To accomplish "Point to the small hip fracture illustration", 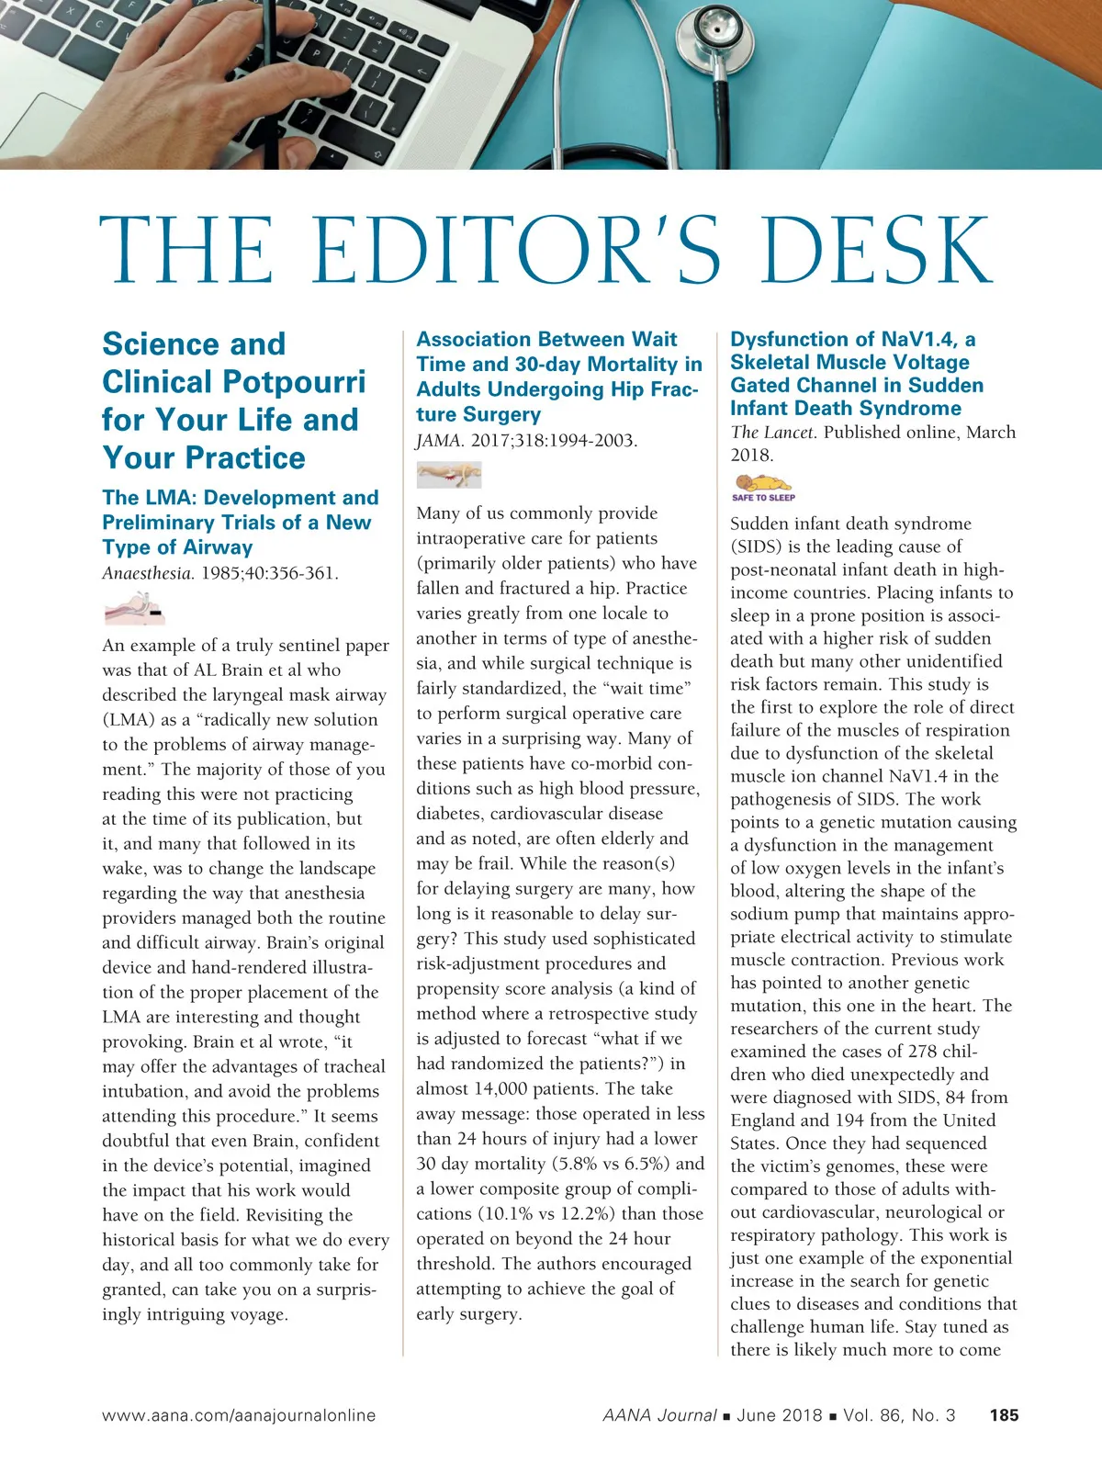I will [x=448, y=475].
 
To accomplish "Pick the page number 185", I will [x=1004, y=1415].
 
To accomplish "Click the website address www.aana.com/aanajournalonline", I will [x=239, y=1415].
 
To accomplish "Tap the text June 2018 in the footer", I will [x=779, y=1415].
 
